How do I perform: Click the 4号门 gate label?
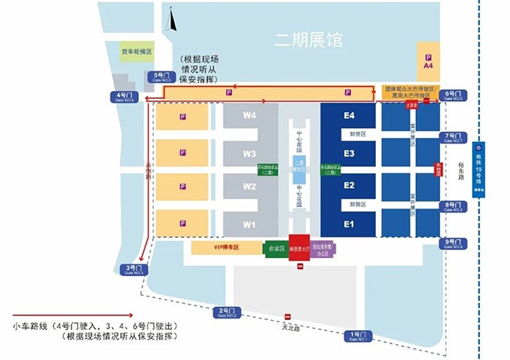pyautogui.click(x=124, y=97)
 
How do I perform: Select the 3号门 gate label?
pyautogui.click(x=132, y=270)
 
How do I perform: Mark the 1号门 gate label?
pyautogui.click(x=357, y=336)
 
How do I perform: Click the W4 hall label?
pyautogui.click(x=250, y=116)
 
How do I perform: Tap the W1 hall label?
pyautogui.click(x=250, y=224)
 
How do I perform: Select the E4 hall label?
pyautogui.click(x=348, y=116)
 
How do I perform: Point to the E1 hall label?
pyautogui.click(x=348, y=224)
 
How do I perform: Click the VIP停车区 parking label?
pyautogui.click(x=225, y=247)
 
